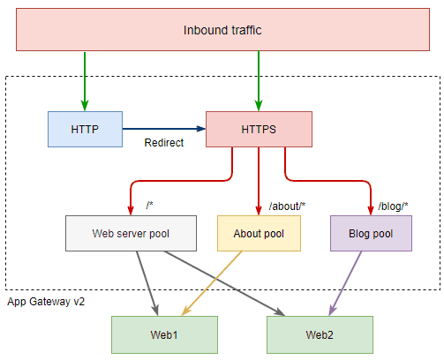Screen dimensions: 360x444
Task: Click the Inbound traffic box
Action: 222,31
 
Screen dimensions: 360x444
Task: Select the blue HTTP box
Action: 85,129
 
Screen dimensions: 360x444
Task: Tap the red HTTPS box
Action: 258,129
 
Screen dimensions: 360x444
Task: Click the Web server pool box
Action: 131,234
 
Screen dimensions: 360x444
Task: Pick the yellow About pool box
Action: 258,234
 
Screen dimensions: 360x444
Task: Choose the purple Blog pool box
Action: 371,234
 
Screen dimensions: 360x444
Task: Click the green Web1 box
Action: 162,335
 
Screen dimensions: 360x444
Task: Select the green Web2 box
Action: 319,335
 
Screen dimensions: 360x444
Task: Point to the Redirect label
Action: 163,143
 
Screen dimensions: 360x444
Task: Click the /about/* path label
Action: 287,206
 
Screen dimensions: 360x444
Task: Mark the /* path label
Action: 151,206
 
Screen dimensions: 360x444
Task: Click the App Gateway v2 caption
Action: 46,302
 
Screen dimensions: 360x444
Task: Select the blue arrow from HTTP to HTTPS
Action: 163,129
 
